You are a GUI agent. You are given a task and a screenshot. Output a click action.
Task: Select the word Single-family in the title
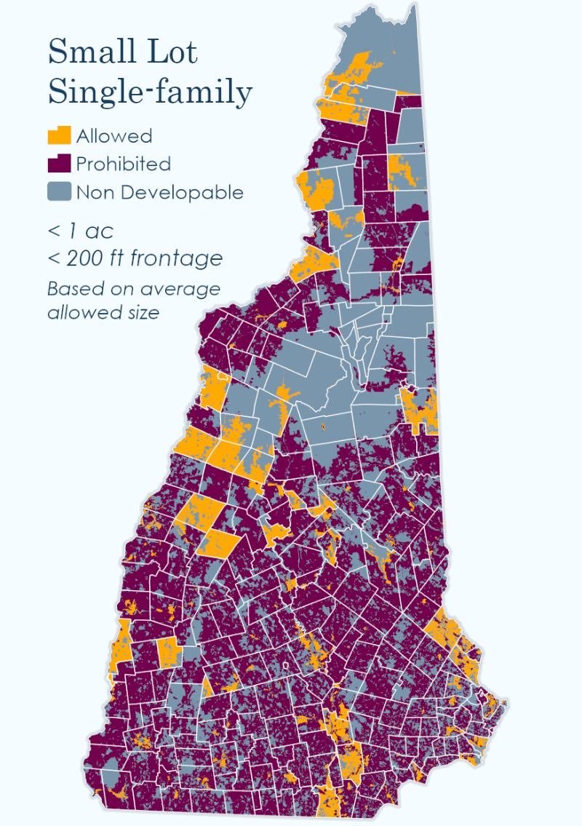[x=150, y=92]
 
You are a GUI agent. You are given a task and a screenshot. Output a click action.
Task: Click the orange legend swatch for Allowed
[x=59, y=135]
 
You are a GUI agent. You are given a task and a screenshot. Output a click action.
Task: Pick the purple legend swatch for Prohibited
[x=59, y=163]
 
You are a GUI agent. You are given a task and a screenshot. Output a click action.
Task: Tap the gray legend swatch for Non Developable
[x=59, y=192]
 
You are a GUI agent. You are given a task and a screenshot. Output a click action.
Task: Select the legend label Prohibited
[x=123, y=164]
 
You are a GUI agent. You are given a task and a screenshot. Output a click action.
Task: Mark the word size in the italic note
[x=140, y=314]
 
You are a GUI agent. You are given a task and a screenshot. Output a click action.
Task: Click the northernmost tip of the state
[x=415, y=5]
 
